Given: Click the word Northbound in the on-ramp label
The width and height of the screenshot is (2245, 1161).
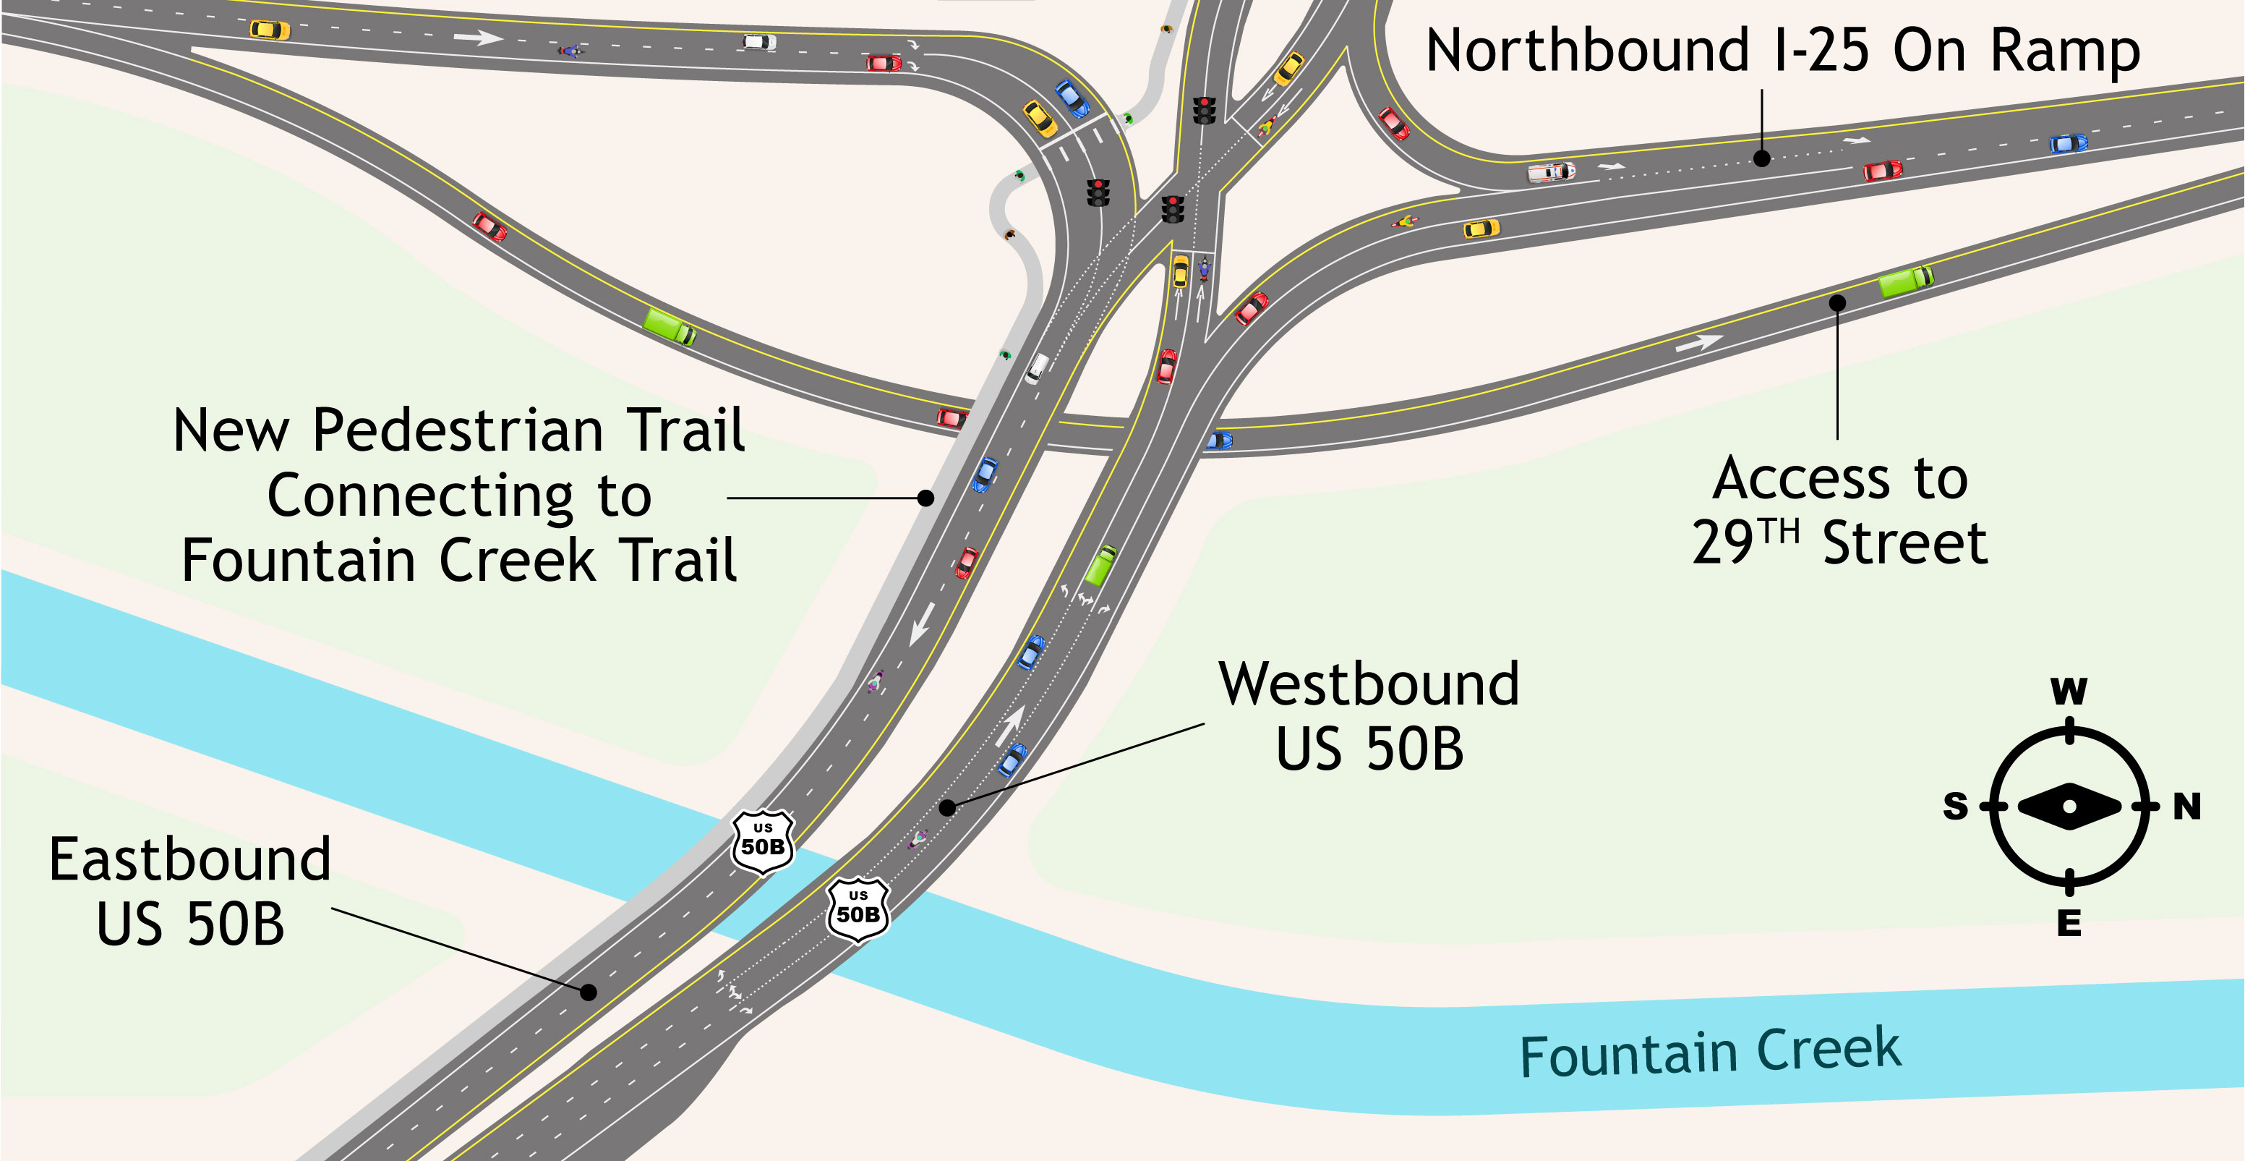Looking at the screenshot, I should point(1587,51).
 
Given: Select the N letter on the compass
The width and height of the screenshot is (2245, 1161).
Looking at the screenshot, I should point(2186,807).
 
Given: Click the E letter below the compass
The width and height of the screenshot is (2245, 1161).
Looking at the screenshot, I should point(2069,923).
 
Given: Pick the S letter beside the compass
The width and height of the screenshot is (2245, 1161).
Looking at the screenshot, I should point(1956,807).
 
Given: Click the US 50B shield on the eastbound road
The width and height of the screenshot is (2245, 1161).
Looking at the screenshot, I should point(763,841).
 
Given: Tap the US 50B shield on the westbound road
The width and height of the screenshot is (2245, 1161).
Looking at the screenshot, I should point(858,909).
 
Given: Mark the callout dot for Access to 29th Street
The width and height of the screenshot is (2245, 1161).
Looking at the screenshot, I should point(1837,303).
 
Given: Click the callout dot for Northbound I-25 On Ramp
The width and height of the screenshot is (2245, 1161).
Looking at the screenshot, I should point(1761,158).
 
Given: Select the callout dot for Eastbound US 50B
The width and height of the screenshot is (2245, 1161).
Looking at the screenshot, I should point(589,992).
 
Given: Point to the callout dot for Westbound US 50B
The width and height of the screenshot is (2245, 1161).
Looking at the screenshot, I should point(947,808).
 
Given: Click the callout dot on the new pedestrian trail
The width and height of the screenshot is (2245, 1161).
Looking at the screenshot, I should point(925,498).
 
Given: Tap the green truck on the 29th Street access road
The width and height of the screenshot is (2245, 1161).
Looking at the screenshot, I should point(1905,281).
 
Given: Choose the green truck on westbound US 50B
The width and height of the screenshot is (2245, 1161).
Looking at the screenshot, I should point(1100,565).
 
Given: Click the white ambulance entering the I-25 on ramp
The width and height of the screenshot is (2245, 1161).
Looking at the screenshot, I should point(1550,171).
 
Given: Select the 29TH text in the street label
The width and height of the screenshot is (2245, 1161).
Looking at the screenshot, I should point(1745,541).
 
